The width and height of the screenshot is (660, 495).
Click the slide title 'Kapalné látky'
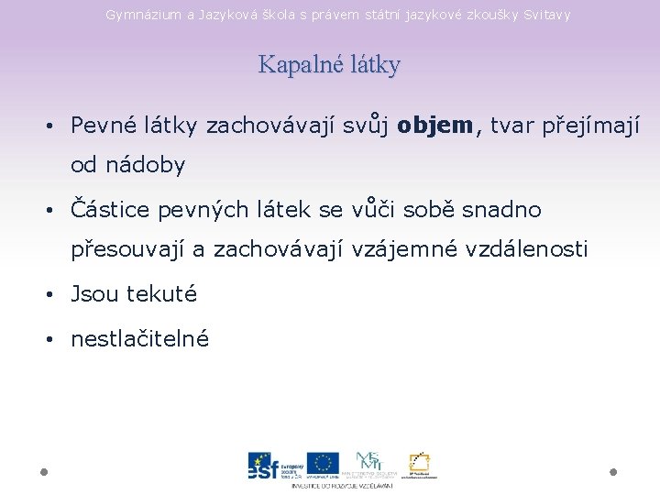click(x=329, y=65)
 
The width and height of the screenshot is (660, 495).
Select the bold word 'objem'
click(x=436, y=125)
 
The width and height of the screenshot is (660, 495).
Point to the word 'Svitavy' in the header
click(x=546, y=15)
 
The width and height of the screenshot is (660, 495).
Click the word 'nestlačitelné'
click(x=140, y=339)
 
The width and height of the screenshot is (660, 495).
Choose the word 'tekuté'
click(x=161, y=294)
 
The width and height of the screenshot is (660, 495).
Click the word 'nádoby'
click(x=143, y=165)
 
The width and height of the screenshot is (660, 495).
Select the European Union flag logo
click(x=323, y=464)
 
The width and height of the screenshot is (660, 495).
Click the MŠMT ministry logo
click(x=370, y=463)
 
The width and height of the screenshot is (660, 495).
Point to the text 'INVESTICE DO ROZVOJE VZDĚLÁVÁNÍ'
click(x=342, y=485)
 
